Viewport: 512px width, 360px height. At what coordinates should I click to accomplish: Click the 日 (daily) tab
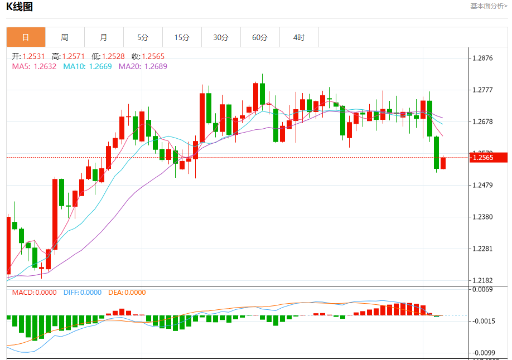[x=26, y=37]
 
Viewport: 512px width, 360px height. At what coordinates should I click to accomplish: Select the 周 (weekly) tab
[x=65, y=37]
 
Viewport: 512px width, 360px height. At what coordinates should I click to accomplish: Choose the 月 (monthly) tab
[x=104, y=37]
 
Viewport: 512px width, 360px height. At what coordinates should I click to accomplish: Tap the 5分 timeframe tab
[x=143, y=37]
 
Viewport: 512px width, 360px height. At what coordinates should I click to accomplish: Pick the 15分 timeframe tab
[x=182, y=37]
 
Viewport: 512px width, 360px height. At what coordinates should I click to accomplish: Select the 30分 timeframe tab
[x=221, y=37]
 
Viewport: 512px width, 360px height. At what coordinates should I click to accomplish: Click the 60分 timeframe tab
[x=260, y=37]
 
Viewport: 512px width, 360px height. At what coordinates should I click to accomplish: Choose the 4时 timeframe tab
[x=299, y=37]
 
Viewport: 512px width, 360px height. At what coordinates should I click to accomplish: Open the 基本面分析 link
[x=489, y=6]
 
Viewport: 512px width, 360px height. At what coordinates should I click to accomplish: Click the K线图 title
[x=20, y=7]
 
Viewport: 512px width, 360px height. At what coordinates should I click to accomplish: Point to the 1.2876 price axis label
[x=482, y=58]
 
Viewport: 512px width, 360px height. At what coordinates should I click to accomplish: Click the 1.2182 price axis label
[x=482, y=280]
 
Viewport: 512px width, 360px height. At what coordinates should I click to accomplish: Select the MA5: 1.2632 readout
[x=34, y=66]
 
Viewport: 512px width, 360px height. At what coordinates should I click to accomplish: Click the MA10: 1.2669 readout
[x=87, y=66]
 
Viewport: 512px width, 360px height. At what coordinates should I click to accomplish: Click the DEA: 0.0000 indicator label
[x=127, y=292]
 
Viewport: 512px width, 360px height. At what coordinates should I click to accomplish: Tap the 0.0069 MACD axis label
[x=482, y=289]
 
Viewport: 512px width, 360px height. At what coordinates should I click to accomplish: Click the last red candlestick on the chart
[x=443, y=163]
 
